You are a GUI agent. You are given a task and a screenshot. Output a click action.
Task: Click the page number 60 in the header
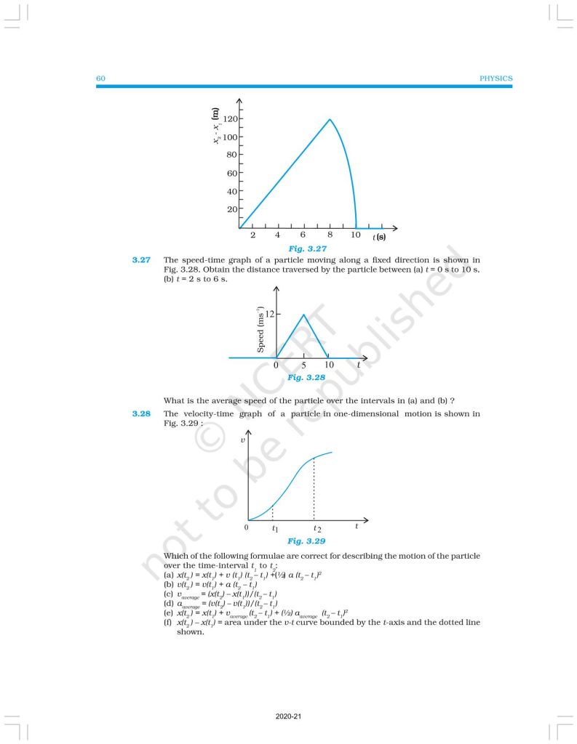(101, 78)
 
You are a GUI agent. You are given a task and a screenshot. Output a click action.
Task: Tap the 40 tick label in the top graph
(231, 192)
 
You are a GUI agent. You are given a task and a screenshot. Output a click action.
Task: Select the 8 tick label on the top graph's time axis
(330, 236)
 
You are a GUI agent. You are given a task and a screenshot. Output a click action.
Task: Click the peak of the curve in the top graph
(330, 120)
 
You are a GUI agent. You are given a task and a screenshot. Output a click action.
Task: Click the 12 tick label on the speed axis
(269, 314)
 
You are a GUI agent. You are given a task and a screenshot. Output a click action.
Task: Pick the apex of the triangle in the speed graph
(303, 314)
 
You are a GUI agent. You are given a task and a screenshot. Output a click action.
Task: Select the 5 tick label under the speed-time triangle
(303, 365)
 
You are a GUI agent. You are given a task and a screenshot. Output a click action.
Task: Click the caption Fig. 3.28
(306, 378)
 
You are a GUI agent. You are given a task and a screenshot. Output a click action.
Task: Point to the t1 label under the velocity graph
(274, 530)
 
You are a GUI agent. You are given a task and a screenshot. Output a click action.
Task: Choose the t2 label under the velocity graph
(316, 530)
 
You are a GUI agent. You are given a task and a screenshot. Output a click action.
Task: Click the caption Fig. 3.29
(306, 541)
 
